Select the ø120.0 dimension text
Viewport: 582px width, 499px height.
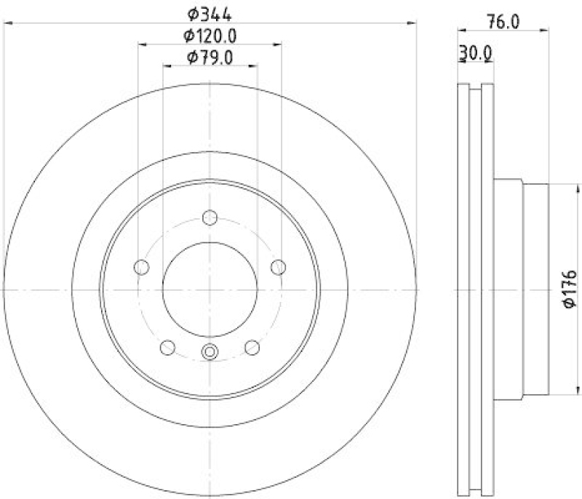tap(210, 34)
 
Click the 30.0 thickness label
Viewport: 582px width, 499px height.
tap(477, 53)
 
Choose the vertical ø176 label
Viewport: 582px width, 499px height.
tap(569, 288)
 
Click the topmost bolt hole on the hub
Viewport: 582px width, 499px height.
tap(210, 217)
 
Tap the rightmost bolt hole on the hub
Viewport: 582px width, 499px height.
tap(277, 267)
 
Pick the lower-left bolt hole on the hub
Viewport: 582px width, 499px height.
tap(167, 347)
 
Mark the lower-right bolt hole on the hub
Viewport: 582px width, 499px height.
tap(252, 347)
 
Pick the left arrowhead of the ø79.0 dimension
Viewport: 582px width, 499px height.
tap(166, 65)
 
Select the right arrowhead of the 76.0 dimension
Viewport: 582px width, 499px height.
tap(544, 31)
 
